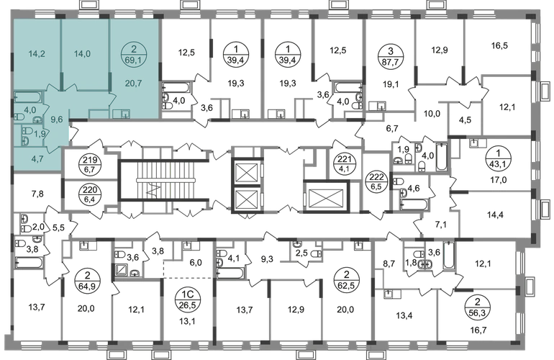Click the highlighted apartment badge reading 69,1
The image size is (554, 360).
[133, 55]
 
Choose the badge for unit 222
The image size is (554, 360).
[376, 181]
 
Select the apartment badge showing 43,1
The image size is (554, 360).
[498, 159]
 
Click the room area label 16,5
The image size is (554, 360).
[499, 45]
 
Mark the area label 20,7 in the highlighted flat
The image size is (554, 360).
[134, 84]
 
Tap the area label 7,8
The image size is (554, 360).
[37, 194]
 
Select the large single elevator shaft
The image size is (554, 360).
[326, 197]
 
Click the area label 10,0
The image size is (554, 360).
[432, 114]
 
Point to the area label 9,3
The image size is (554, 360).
[267, 259]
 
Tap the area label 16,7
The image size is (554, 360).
[478, 330]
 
